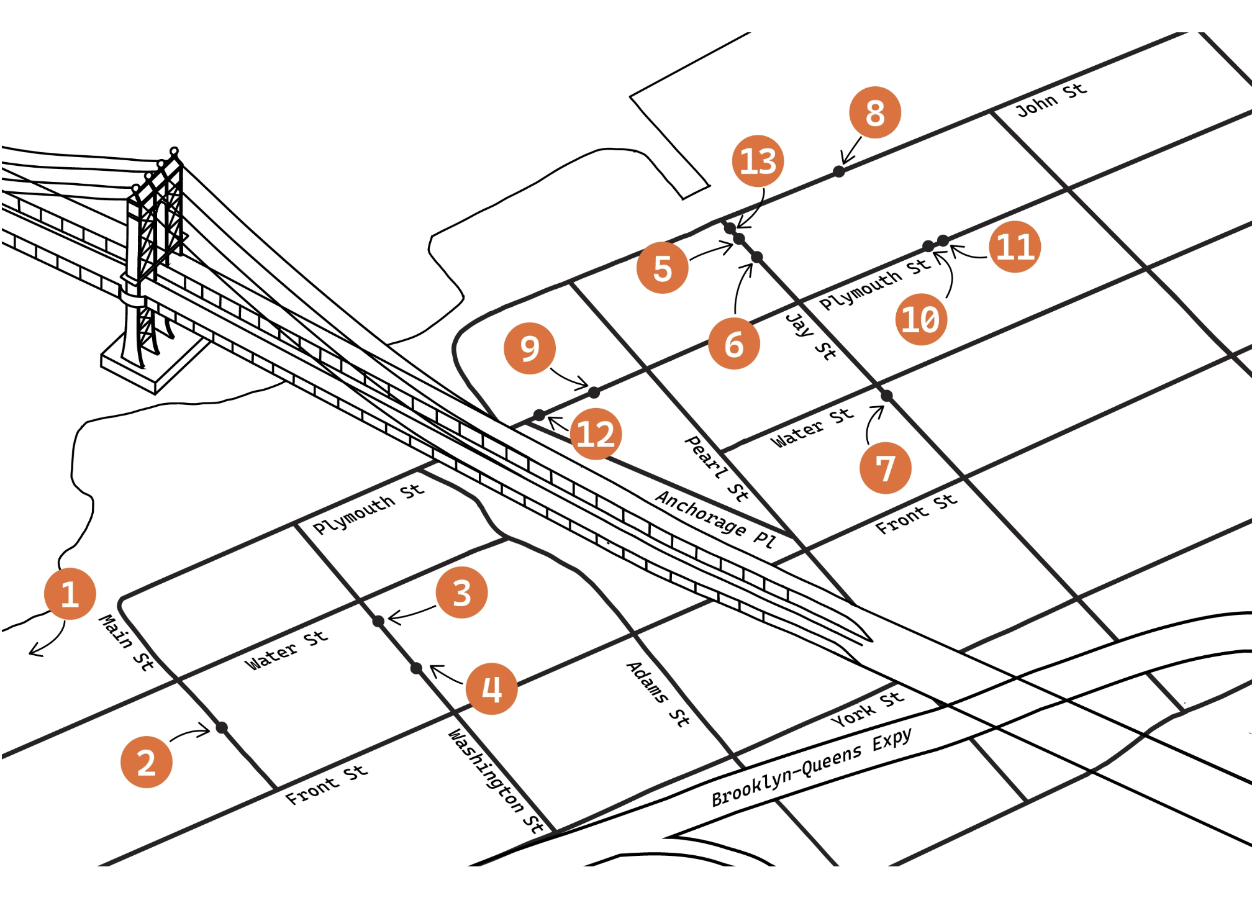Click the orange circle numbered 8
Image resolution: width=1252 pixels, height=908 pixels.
874,112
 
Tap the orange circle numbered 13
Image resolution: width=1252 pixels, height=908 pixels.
758,161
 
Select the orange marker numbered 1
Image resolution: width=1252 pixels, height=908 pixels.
70,594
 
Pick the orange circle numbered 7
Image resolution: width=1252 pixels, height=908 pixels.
886,468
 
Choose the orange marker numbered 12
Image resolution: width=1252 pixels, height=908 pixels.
596,434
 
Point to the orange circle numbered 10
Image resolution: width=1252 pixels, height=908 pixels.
921,319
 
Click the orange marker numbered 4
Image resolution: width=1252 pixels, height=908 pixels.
492,689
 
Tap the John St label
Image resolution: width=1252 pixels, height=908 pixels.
1051,100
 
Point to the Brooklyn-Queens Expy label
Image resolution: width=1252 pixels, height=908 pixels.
812,766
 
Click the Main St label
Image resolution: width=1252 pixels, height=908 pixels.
127,643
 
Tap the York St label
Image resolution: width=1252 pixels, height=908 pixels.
867,709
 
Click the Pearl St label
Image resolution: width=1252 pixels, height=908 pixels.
716,468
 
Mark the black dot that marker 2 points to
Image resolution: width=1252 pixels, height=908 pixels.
222,727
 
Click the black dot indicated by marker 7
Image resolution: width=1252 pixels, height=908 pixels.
887,396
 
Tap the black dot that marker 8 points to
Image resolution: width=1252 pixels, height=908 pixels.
838,171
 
